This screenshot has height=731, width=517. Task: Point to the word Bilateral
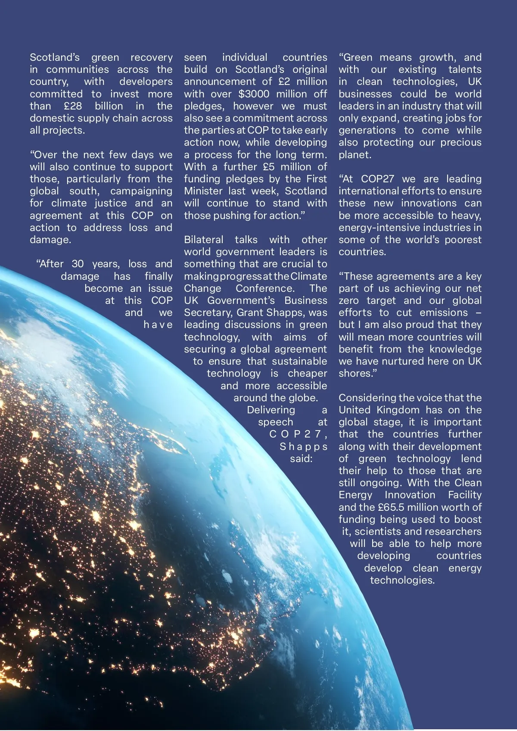click(204, 240)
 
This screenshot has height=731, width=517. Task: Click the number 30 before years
click(78, 264)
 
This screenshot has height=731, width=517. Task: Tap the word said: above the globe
click(301, 459)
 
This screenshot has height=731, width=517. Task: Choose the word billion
click(109, 106)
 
